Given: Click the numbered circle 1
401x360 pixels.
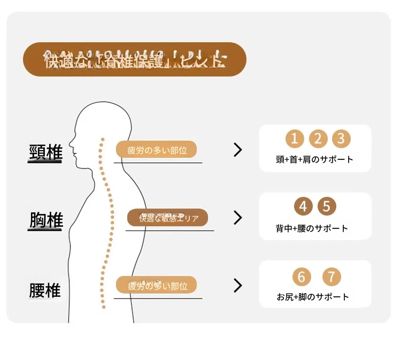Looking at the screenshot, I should pos(295,139).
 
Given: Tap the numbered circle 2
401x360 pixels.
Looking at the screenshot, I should pos(318,139).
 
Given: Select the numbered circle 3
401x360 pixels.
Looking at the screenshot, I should pos(341,139).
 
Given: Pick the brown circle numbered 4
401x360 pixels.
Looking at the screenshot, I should pos(303,206).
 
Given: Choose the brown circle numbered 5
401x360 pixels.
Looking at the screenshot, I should pos(327,206).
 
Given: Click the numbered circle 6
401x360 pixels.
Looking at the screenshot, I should pos(302,277).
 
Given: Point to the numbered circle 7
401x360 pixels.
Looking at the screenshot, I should pos(332,277).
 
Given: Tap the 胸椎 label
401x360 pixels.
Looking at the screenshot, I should pos(45,220).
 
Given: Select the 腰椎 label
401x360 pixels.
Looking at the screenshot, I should pos(45,291).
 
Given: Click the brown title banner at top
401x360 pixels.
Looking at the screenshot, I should pos(134,59).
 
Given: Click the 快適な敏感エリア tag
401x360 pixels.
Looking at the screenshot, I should pos(167,218).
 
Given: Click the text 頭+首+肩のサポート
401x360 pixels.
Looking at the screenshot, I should pos(314,159).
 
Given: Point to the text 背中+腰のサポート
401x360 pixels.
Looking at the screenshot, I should pos(312,228).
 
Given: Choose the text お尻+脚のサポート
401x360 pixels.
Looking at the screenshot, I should pos(313,297).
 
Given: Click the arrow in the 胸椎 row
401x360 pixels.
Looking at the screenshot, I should pos(238,218).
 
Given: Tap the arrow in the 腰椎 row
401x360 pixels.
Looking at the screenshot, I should pos(238,286).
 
